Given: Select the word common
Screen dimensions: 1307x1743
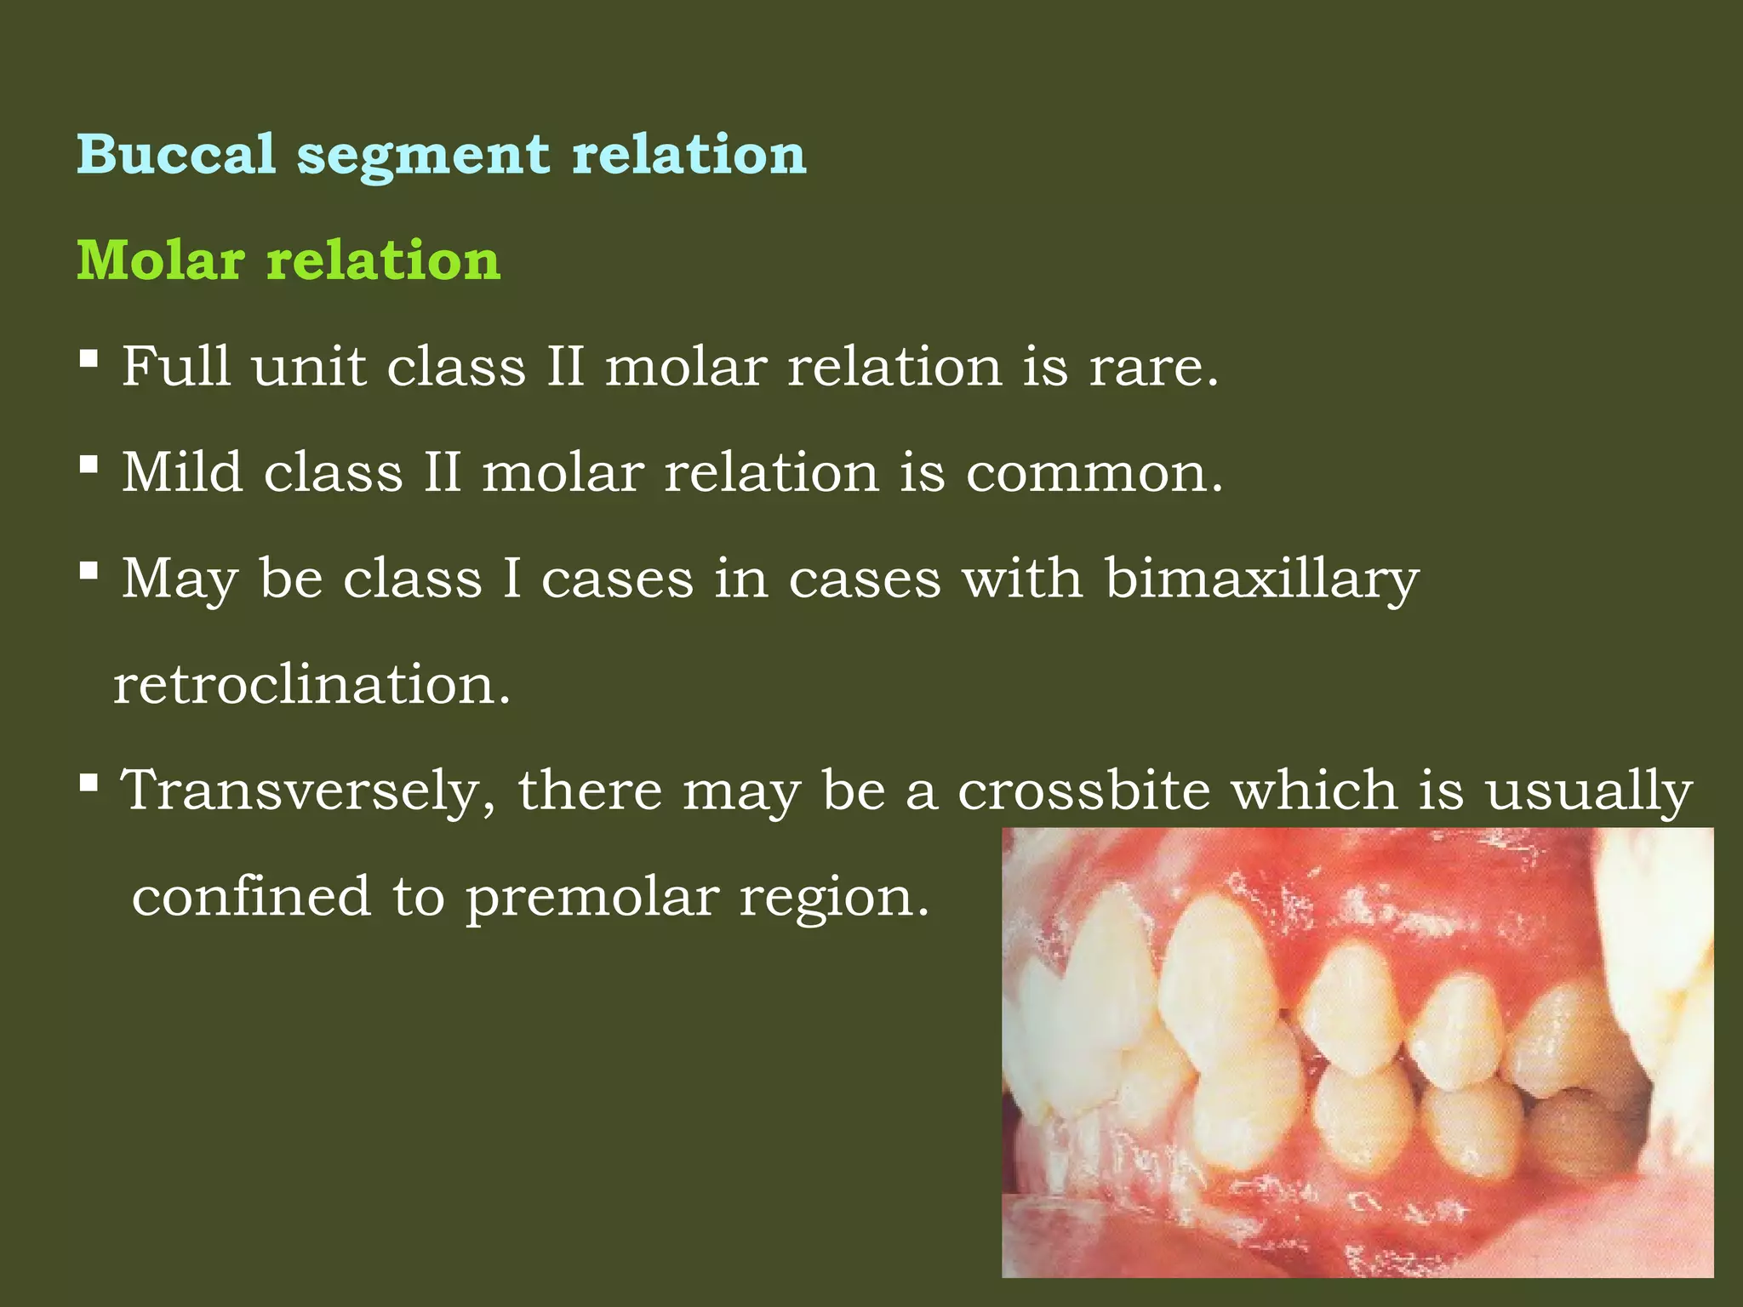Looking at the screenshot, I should click(x=1093, y=473).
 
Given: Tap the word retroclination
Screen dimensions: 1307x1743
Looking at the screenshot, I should click(x=311, y=684).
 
